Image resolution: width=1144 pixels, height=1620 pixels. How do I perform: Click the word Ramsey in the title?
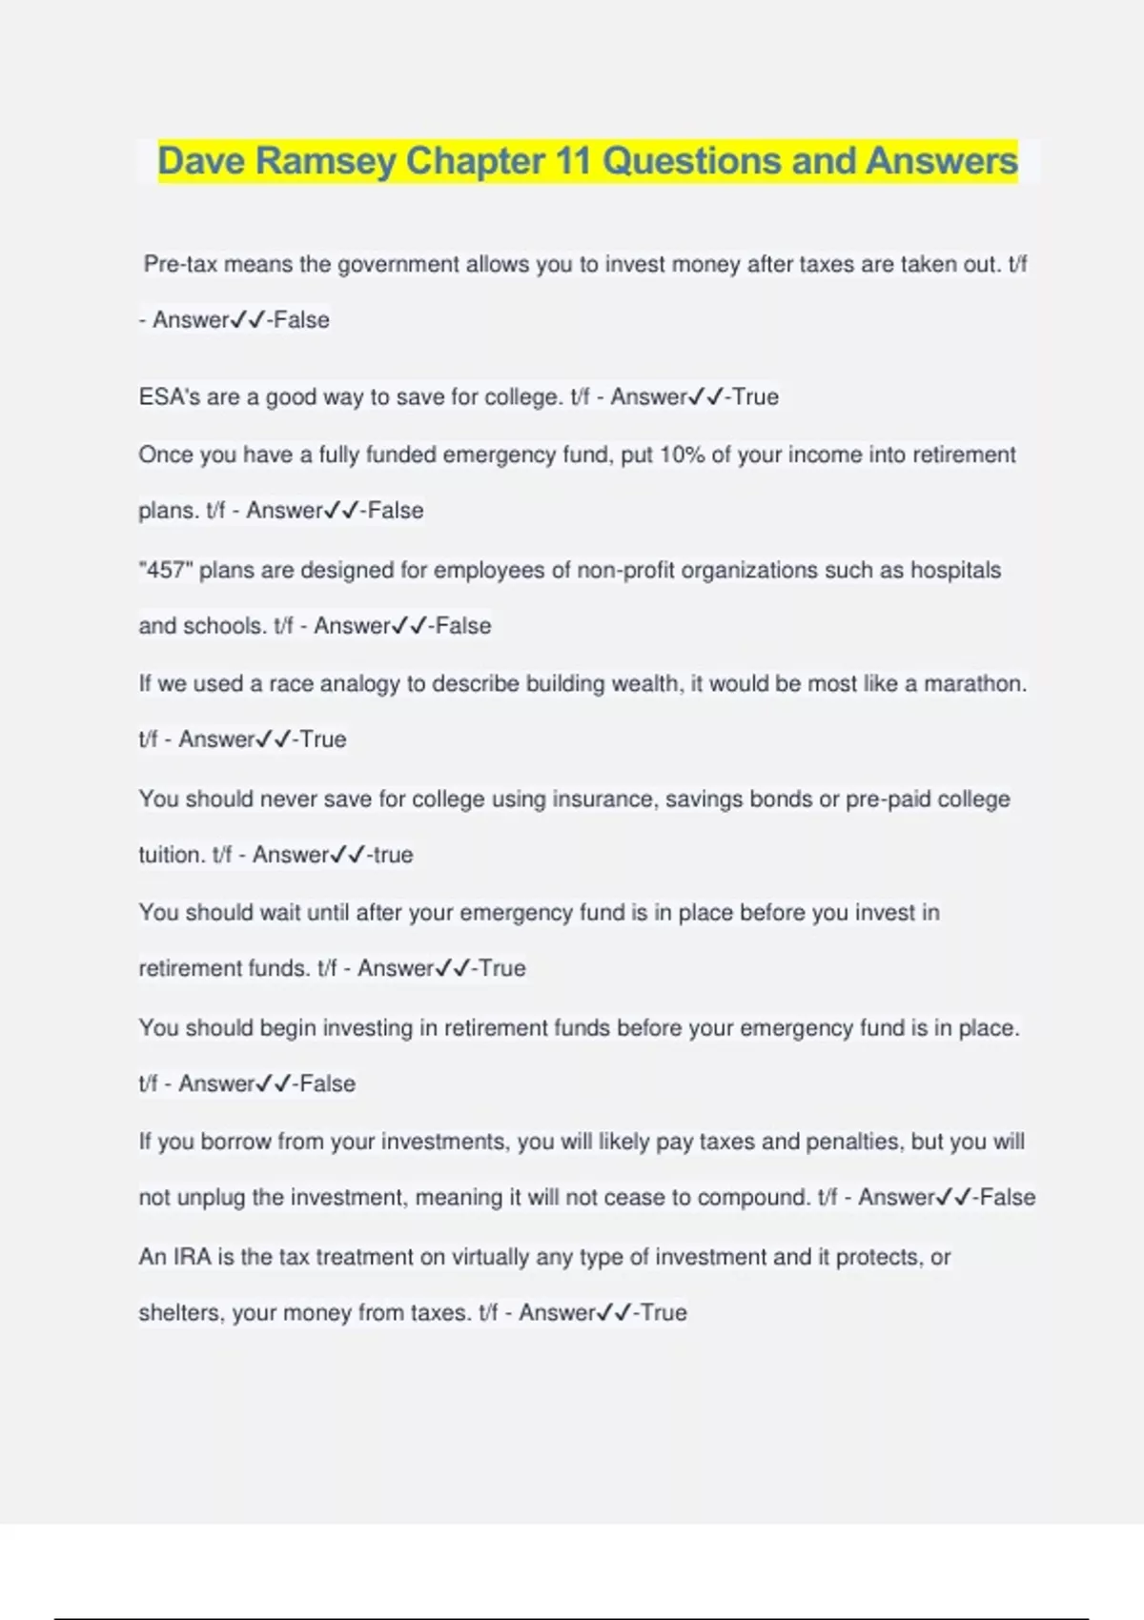tap(325, 161)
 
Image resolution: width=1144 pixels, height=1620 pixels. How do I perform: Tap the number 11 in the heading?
tap(572, 161)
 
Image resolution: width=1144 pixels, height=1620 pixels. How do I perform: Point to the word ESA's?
tap(171, 396)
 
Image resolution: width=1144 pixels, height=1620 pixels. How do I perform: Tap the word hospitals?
tap(955, 570)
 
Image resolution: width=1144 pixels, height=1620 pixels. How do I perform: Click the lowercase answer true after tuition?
tap(393, 855)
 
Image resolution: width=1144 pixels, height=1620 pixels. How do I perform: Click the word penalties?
tap(853, 1142)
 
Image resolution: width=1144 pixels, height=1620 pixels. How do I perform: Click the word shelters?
tap(180, 1313)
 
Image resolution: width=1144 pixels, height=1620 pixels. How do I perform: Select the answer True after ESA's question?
tap(755, 396)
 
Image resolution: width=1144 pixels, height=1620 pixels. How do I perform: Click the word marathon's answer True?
tap(323, 739)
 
